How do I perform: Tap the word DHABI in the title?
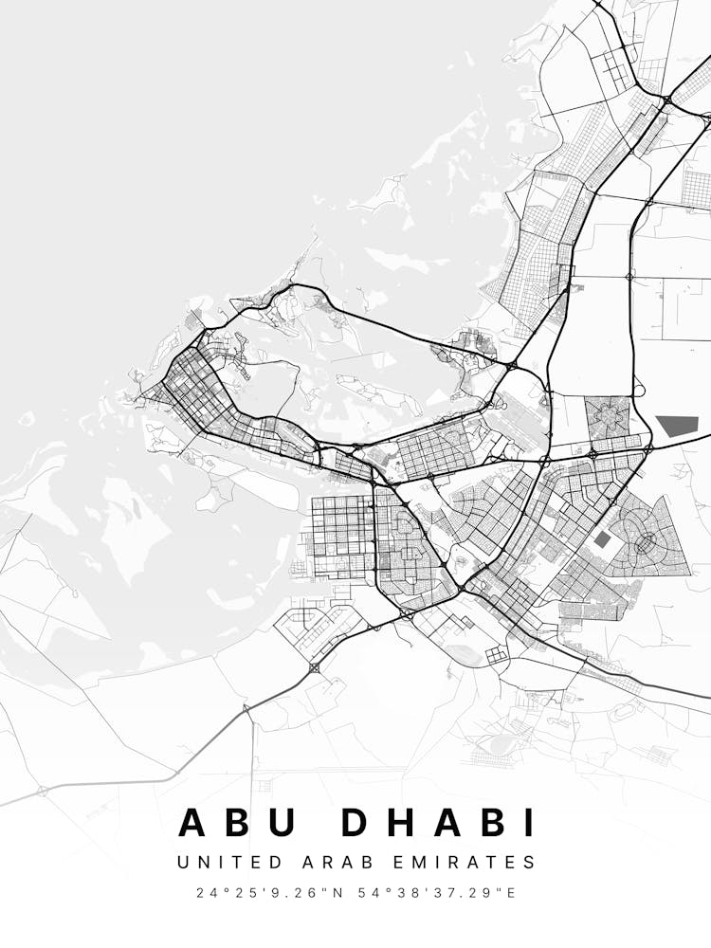(438, 822)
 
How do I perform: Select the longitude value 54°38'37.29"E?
(439, 893)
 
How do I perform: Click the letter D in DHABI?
(357, 822)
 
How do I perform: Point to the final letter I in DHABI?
(529, 822)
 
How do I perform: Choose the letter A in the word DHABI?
(452, 822)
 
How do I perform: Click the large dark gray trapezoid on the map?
(678, 426)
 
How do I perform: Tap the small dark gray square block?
(603, 539)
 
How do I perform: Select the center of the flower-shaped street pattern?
(607, 417)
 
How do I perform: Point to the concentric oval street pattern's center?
(647, 541)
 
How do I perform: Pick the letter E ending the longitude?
(512, 893)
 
